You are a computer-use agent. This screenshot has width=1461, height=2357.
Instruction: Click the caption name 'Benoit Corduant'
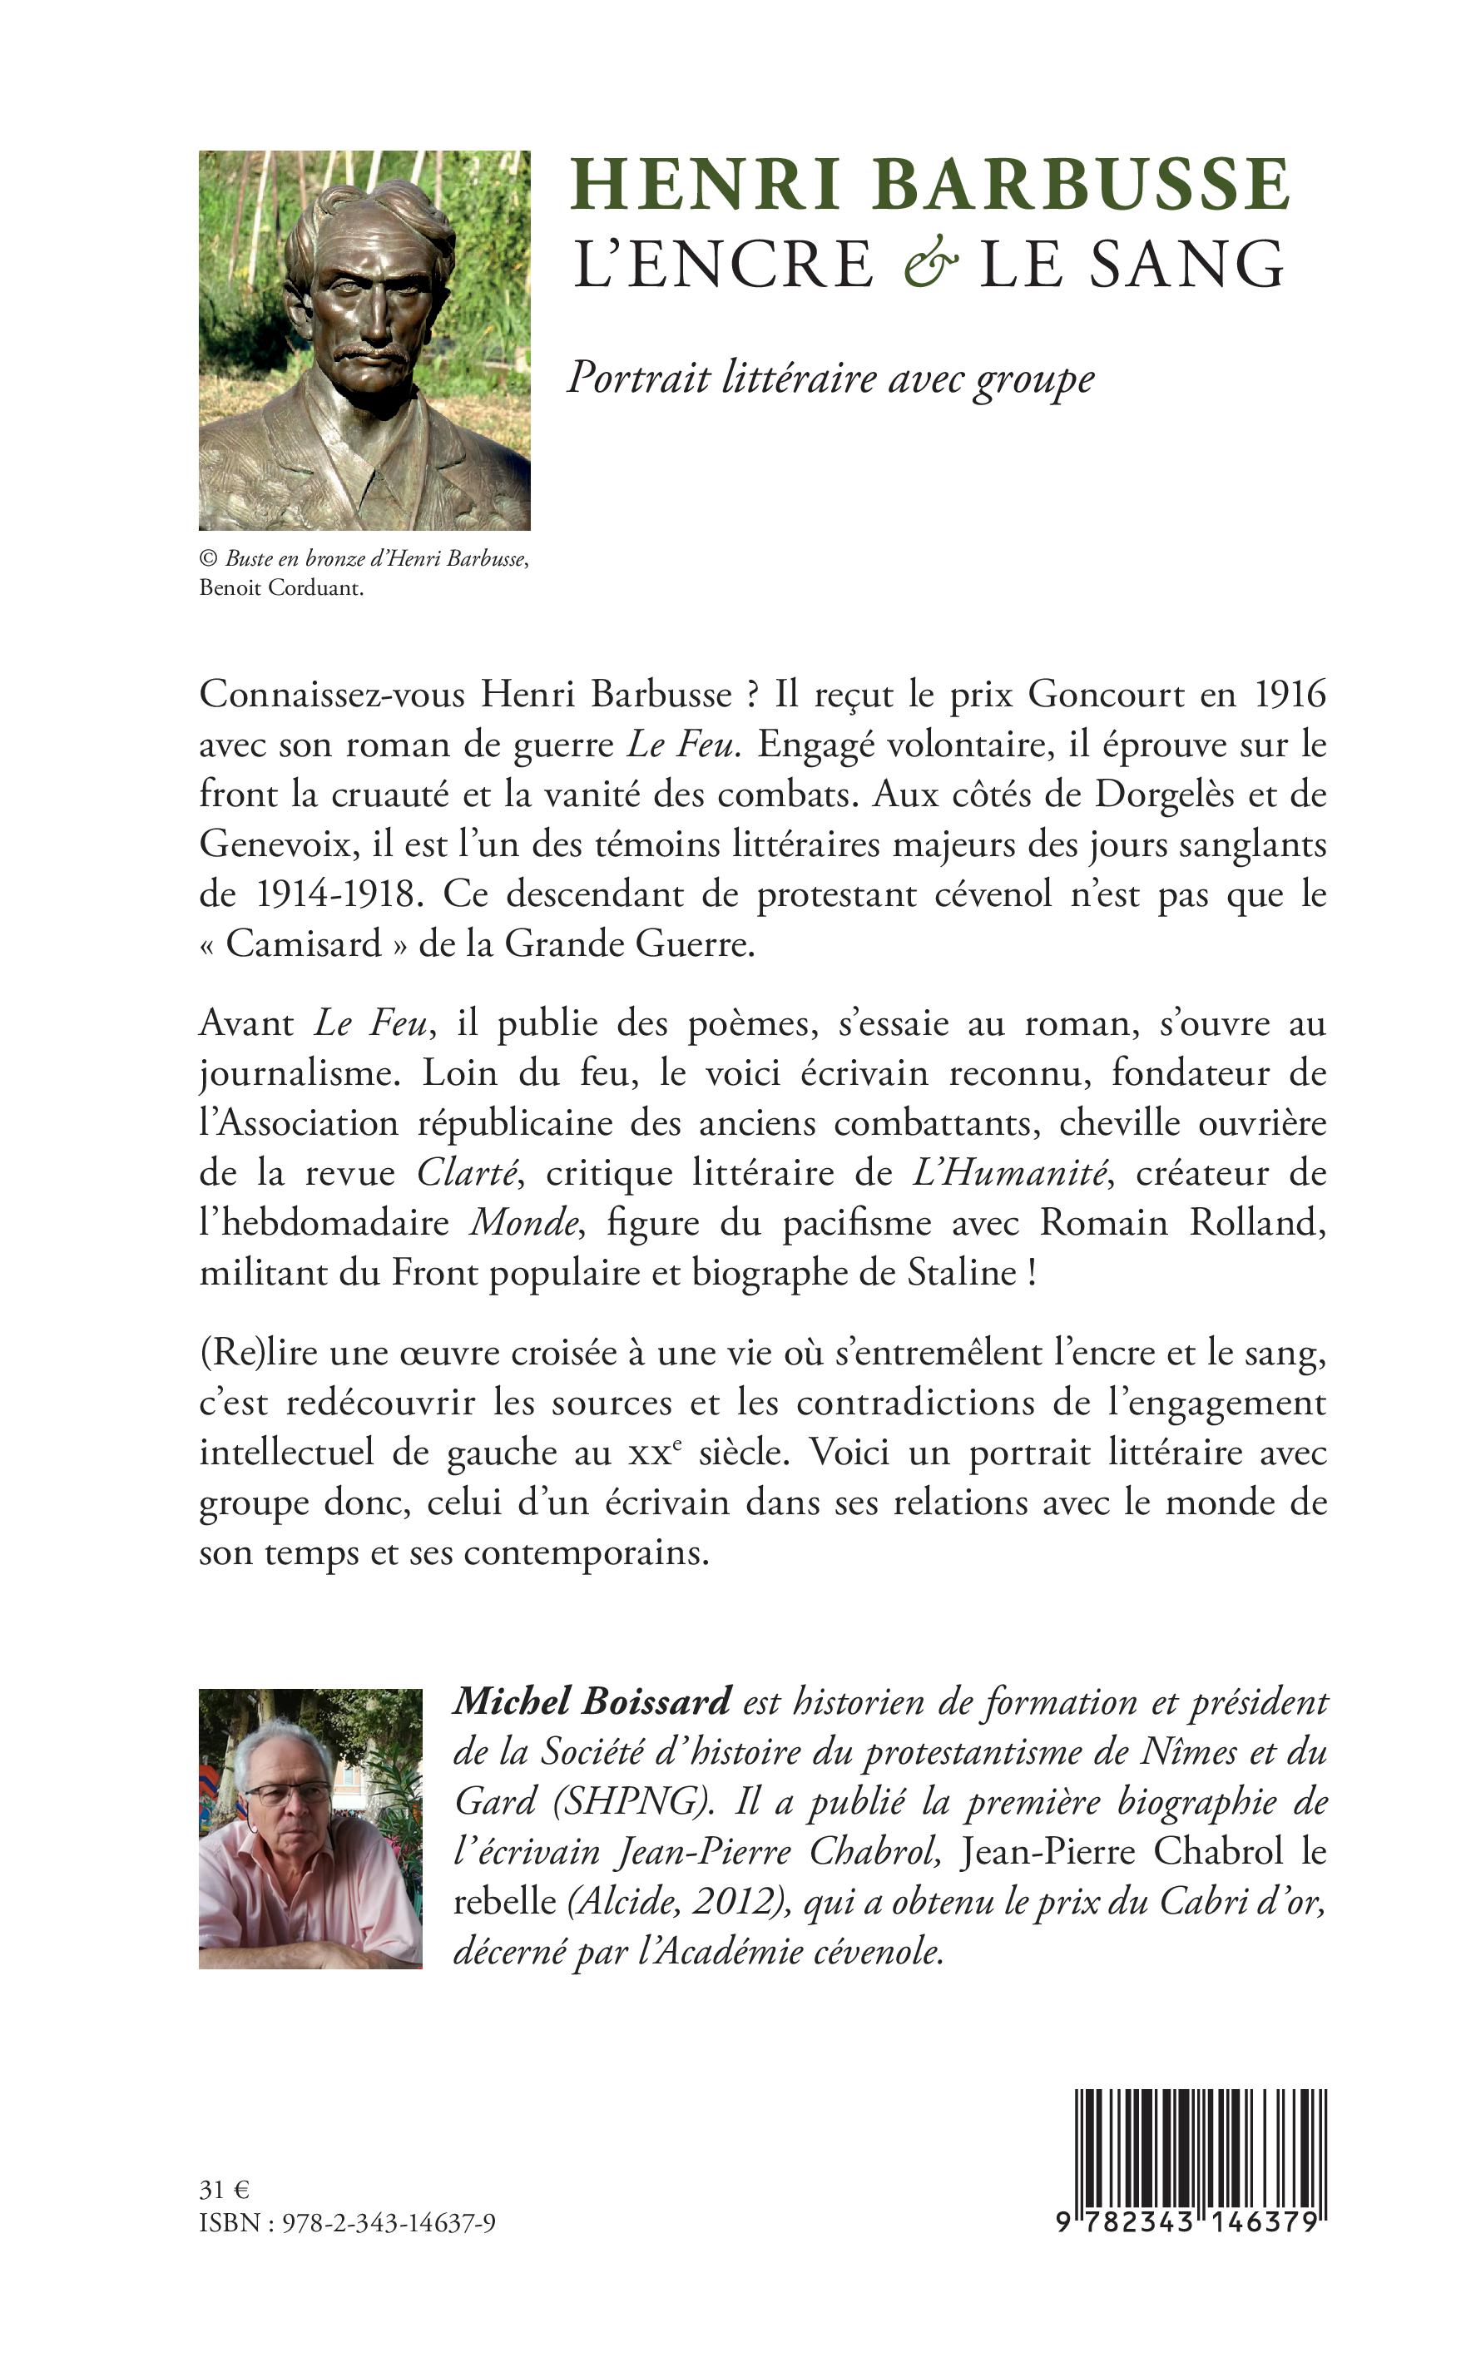[281, 588]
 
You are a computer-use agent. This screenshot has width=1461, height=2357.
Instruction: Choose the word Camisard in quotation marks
[304, 943]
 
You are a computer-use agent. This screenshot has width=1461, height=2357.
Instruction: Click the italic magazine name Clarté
[469, 1173]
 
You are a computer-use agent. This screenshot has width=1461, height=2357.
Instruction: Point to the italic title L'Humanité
[1008, 1173]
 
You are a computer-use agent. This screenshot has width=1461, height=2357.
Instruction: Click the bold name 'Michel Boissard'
[592, 1702]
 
